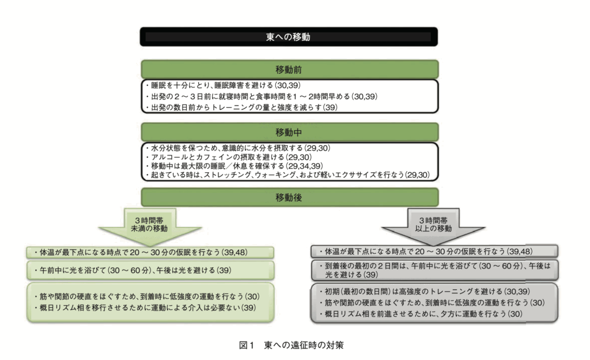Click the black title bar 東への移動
click(x=289, y=37)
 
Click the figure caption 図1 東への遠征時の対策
click(x=291, y=345)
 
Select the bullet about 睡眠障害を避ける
click(x=223, y=85)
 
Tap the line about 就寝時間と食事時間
click(x=262, y=96)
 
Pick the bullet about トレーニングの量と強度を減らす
click(x=241, y=107)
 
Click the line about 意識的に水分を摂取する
click(x=238, y=148)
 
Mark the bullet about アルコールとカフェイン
click(x=229, y=157)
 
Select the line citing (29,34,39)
click(x=234, y=166)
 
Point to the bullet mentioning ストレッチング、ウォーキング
click(x=288, y=175)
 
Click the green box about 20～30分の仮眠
click(x=150, y=252)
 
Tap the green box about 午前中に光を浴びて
click(x=150, y=271)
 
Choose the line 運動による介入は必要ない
click(x=145, y=308)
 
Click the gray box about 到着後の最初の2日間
click(x=434, y=270)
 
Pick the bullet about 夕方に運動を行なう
click(x=421, y=314)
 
